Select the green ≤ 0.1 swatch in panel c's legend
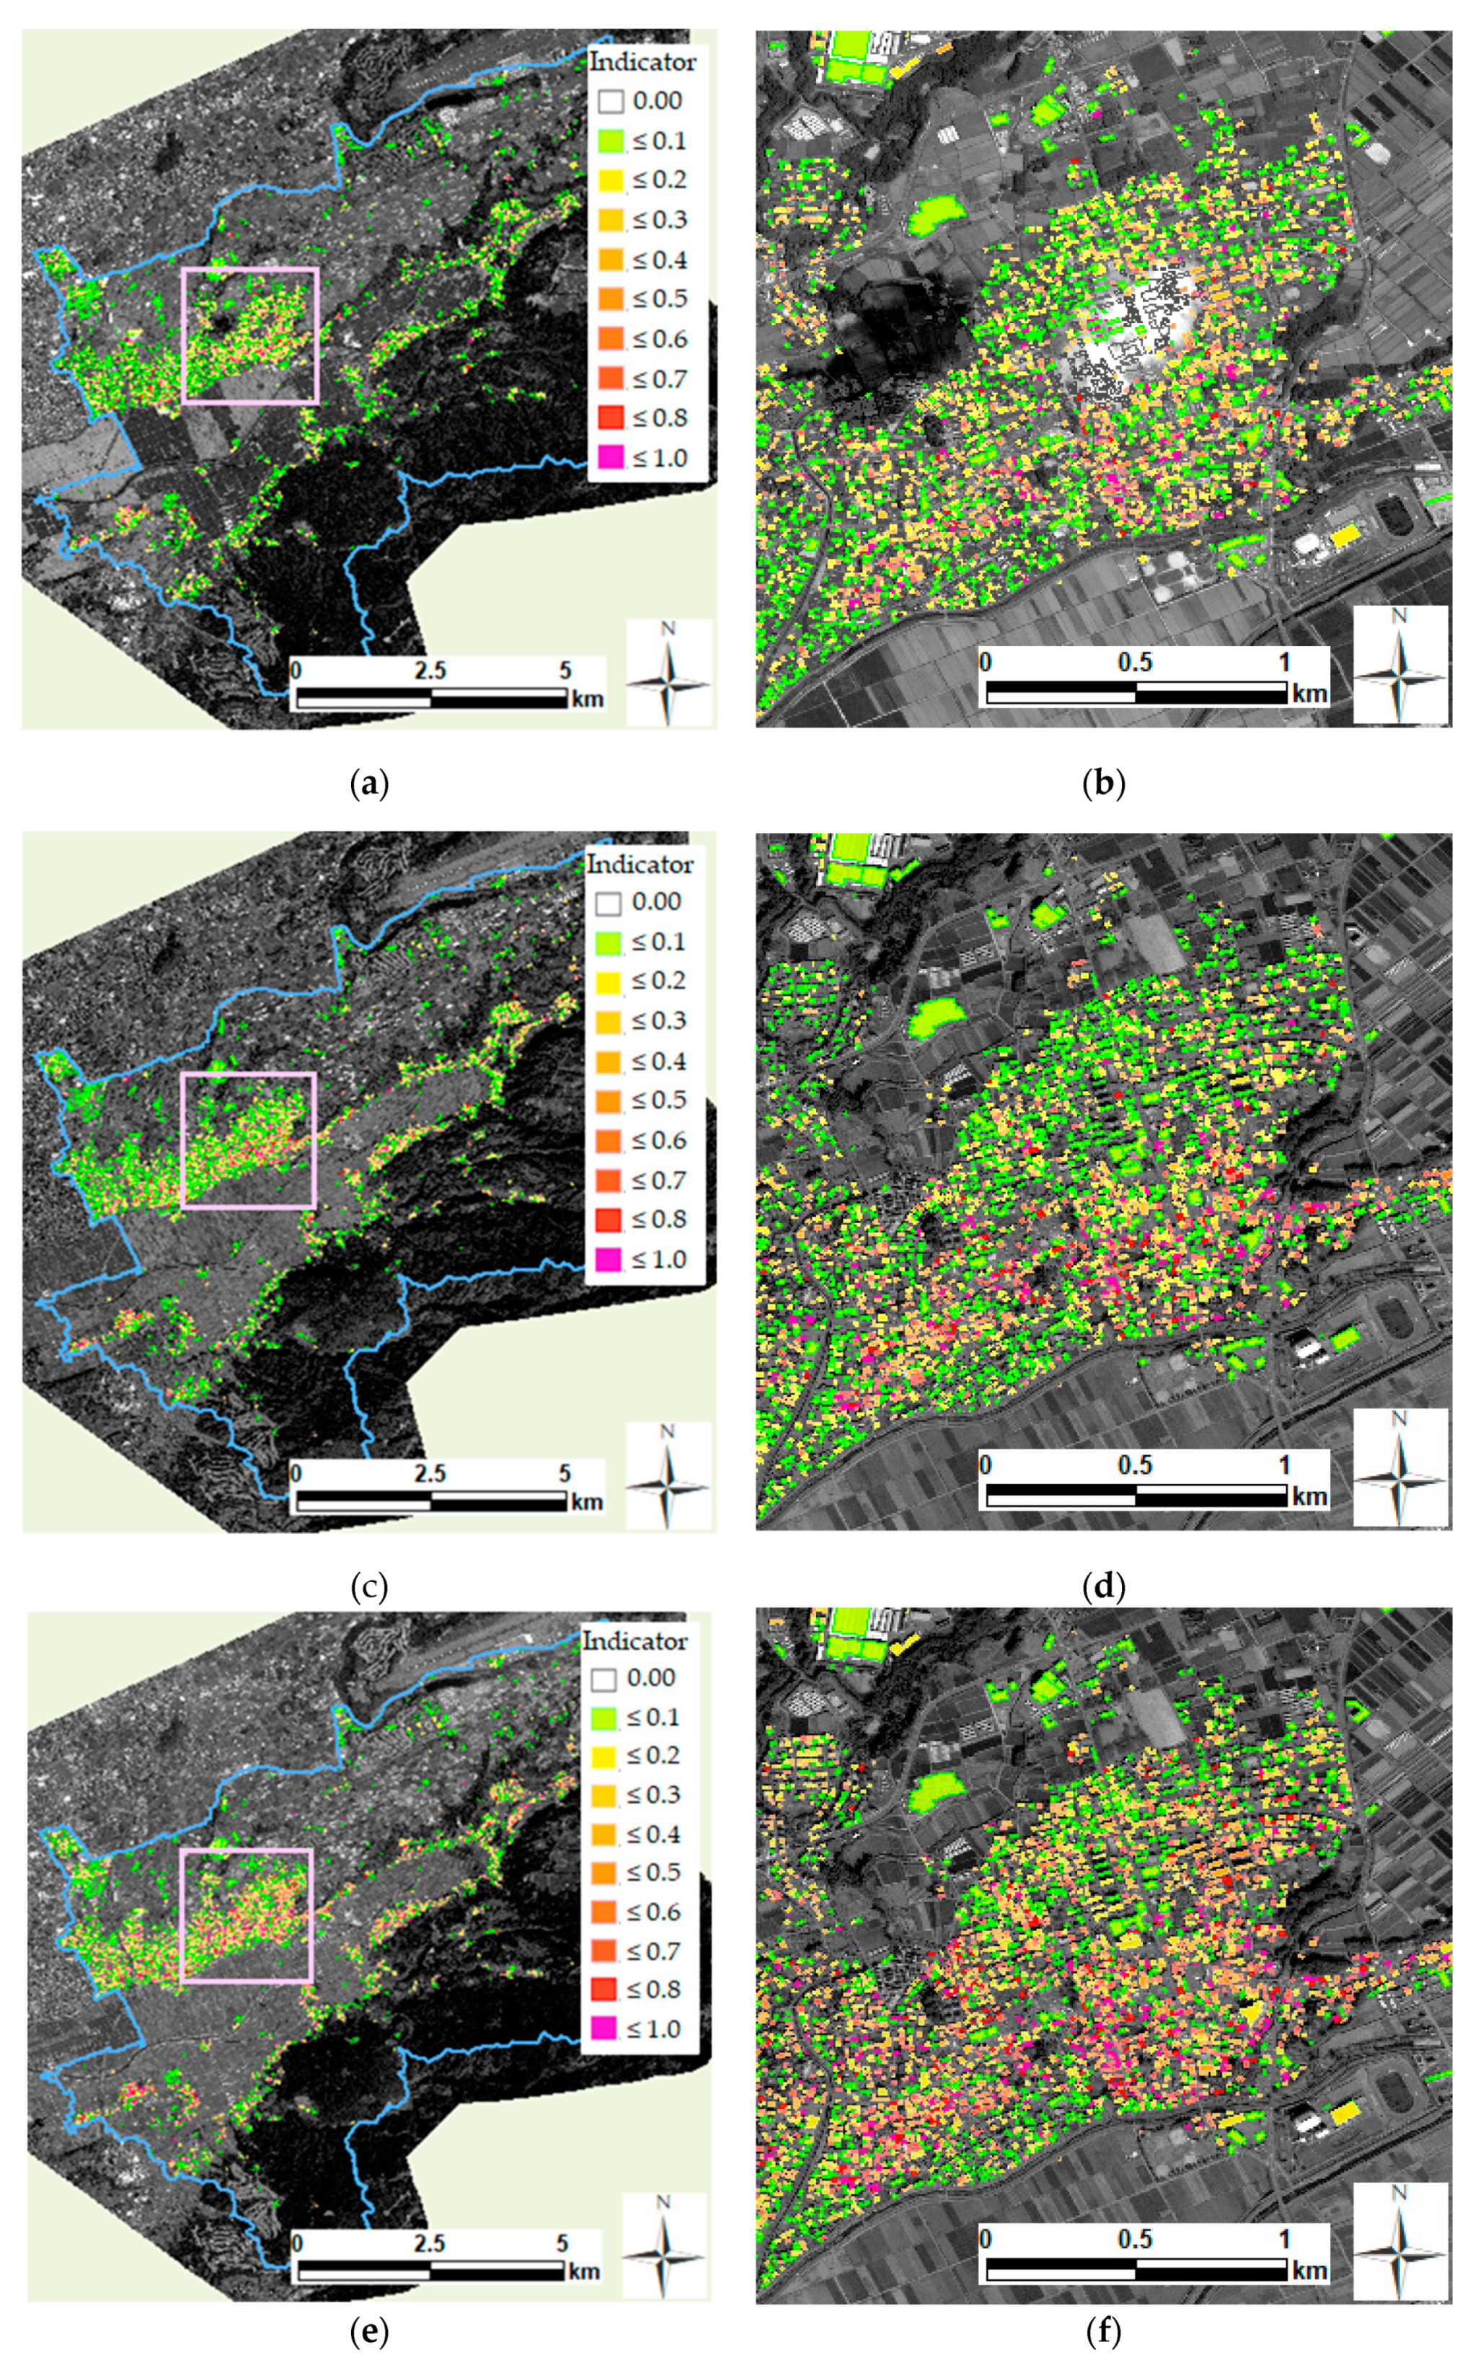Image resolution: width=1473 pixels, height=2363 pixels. (x=608, y=942)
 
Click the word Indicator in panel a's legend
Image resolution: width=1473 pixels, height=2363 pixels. (x=643, y=62)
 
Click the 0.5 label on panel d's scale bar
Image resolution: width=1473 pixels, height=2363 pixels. (x=1135, y=1464)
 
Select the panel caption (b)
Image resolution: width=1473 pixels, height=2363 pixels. (x=1103, y=783)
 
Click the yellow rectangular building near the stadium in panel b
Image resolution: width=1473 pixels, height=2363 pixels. (x=1345, y=536)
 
